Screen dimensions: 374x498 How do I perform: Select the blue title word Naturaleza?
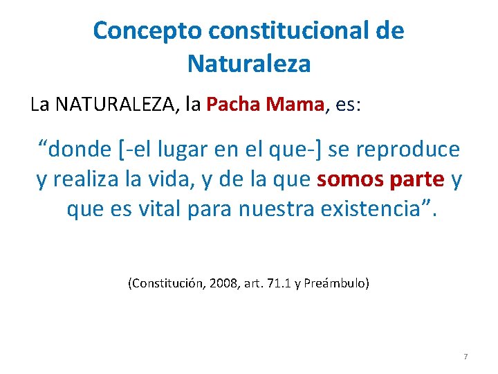pos(249,64)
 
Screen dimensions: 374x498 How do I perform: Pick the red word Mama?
pos(295,105)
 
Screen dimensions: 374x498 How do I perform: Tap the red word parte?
pos(416,179)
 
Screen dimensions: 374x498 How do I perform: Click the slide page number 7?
pos(465,357)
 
